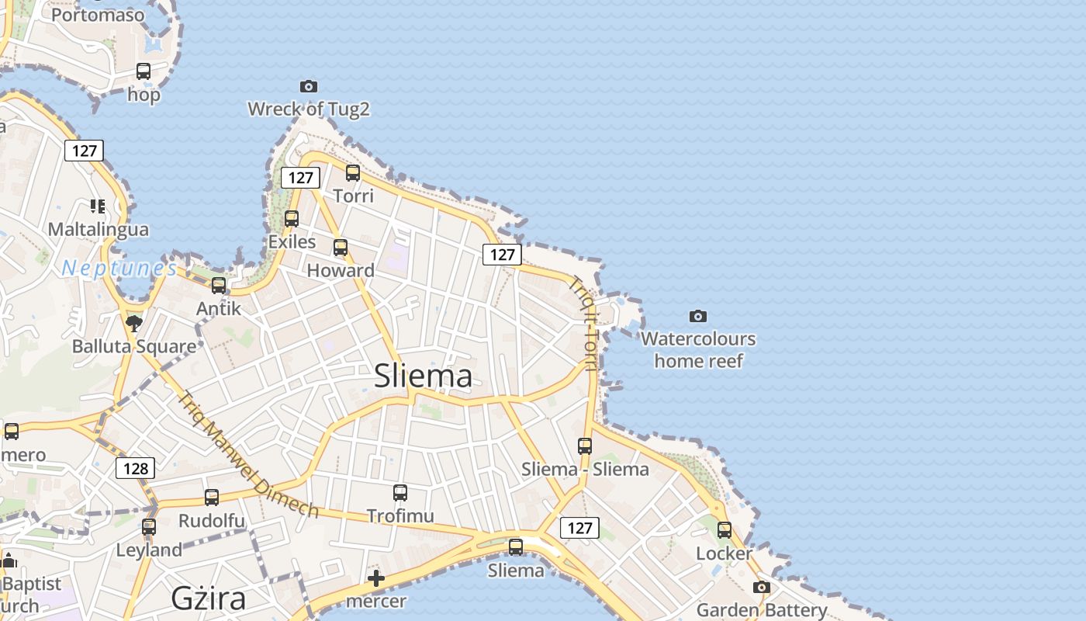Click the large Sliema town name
(423, 376)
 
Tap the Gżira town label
(208, 598)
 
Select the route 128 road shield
(135, 468)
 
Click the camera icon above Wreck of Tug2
(308, 86)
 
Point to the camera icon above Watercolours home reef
(698, 316)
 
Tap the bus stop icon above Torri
(353, 173)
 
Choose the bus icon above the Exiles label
(292, 219)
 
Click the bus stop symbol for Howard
(341, 248)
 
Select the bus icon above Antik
(219, 285)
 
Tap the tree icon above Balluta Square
(134, 323)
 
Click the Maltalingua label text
(98, 230)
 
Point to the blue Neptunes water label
(119, 269)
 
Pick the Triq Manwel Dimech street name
(247, 455)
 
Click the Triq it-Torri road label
(586, 323)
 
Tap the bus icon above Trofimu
(400, 492)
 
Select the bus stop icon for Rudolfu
(212, 498)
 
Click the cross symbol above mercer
(376, 578)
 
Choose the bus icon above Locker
(725, 530)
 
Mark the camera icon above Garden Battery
(762, 587)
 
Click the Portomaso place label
(98, 15)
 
